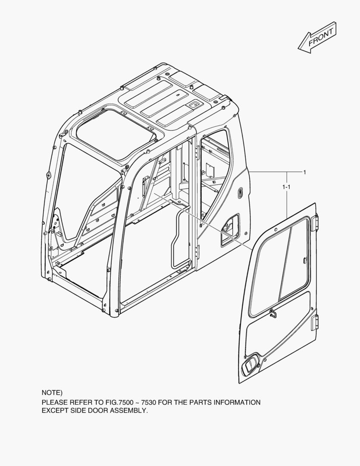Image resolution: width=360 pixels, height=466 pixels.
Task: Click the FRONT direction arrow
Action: [317, 38]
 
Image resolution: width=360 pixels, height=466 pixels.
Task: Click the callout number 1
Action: [304, 172]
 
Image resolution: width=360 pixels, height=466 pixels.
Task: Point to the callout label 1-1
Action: [286, 187]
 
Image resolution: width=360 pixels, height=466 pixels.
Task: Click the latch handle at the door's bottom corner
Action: [250, 363]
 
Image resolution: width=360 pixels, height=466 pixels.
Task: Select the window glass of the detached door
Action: [279, 265]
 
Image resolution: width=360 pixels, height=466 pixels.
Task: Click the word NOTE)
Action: [52, 393]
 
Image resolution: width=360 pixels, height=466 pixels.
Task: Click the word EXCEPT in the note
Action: [54, 411]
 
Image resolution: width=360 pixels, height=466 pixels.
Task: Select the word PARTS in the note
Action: [200, 403]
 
